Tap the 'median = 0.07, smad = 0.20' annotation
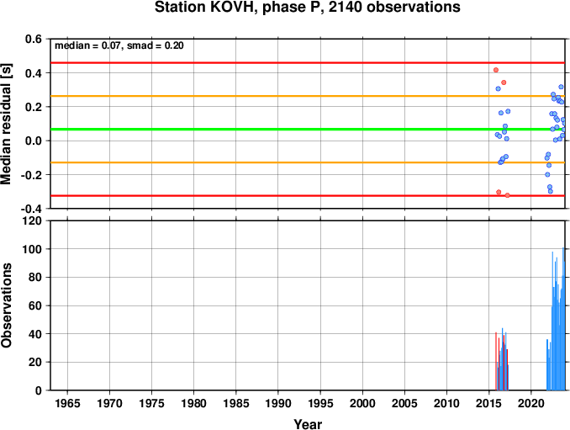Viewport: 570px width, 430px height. [x=119, y=45]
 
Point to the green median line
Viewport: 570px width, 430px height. [x=308, y=129]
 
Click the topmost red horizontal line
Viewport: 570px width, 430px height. [x=308, y=63]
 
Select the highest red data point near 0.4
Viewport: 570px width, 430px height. [x=496, y=70]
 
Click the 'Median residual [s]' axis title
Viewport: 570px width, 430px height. [x=6, y=124]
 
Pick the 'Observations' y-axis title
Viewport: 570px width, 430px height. [x=6, y=305]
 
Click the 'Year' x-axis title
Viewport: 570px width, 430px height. [x=308, y=424]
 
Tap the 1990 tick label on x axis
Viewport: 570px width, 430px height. [x=278, y=403]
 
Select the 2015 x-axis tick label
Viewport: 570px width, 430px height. [x=489, y=403]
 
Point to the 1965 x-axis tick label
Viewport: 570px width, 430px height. [x=67, y=403]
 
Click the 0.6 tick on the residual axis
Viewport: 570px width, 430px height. [x=34, y=39]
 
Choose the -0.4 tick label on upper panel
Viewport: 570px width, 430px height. [x=31, y=209]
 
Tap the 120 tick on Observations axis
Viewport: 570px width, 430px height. [x=32, y=220]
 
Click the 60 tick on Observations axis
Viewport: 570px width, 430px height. [x=35, y=305]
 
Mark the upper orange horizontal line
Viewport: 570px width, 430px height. [x=308, y=96]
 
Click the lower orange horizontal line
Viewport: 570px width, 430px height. [x=308, y=162]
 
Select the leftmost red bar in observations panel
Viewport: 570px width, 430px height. [x=496, y=361]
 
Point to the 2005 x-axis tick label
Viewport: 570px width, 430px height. [x=404, y=403]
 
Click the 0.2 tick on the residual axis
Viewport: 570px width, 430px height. [x=34, y=107]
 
